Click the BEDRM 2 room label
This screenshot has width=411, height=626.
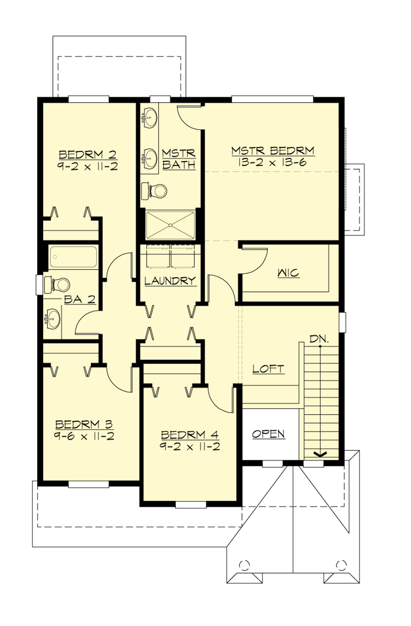point(88,155)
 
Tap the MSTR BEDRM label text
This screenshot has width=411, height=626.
point(273,151)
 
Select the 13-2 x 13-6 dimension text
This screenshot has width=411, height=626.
point(273,162)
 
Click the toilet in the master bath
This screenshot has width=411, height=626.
point(155,191)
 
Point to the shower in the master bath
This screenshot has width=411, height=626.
point(170,225)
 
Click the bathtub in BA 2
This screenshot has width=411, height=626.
point(73,257)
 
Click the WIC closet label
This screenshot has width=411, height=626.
point(288,273)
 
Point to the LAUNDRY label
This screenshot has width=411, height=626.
point(170,281)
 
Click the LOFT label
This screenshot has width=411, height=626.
point(268,369)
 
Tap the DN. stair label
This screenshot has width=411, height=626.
point(319,339)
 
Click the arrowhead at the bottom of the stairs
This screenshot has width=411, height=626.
point(320,454)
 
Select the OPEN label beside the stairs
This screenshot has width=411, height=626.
point(269,434)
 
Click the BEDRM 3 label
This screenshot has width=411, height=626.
point(84,424)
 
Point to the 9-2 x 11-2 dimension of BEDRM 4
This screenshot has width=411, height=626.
point(189,447)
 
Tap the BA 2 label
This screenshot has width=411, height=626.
point(79,300)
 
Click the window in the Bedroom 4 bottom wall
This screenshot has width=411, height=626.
point(191,504)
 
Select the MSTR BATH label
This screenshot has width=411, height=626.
point(178,159)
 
